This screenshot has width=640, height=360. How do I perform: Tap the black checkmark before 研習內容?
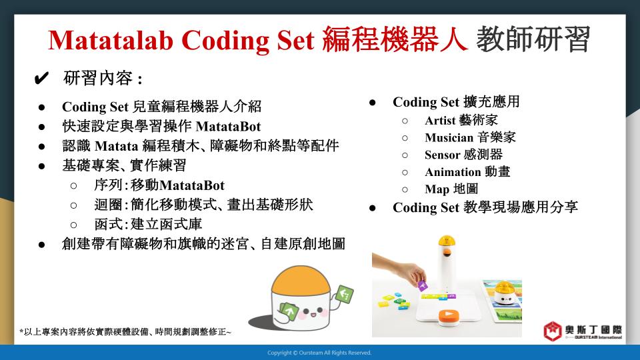[x=41, y=78]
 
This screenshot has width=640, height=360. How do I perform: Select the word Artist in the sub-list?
[x=440, y=121]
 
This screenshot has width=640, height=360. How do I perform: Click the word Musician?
[x=449, y=137]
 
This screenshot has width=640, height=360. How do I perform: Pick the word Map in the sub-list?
[x=437, y=189]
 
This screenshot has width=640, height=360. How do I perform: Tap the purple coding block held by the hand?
[x=422, y=285]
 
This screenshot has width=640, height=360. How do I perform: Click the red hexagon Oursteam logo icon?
[x=553, y=331]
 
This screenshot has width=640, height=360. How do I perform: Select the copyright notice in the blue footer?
[x=319, y=353]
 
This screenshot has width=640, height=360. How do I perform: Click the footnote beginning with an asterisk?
[x=125, y=332]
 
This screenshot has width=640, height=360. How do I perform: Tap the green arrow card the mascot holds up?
[x=345, y=294]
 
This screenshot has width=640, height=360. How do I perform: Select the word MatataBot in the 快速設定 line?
[x=228, y=127]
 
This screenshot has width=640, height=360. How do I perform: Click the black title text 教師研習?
[x=533, y=39]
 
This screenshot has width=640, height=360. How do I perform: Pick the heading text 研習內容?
[x=98, y=78]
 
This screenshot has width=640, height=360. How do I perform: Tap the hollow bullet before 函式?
[x=73, y=225]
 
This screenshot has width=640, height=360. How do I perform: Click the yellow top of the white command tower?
[x=447, y=241]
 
